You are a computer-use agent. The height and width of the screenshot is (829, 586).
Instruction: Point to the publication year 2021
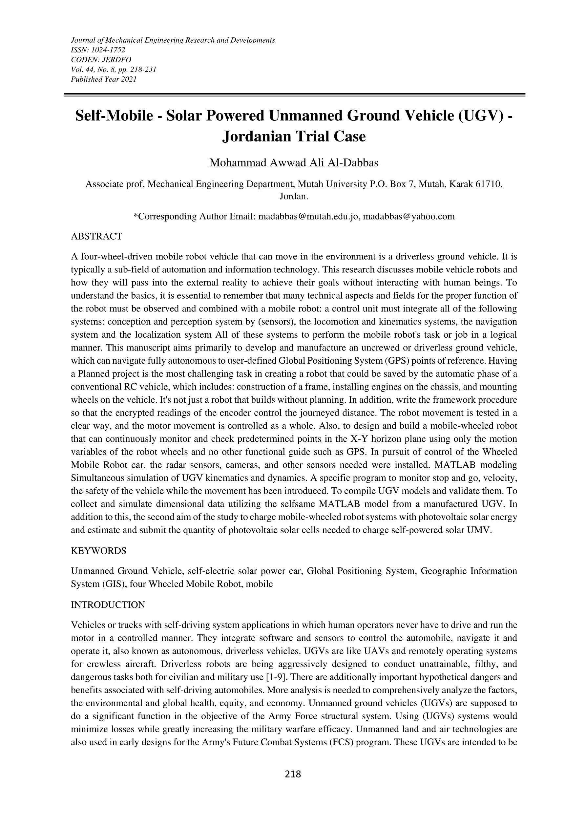[x=129, y=79]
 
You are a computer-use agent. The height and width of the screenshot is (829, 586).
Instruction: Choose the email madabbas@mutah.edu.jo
[x=309, y=216]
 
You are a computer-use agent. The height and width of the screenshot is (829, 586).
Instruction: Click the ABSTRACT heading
[x=96, y=237]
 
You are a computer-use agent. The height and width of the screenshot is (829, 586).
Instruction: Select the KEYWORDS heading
[x=98, y=551]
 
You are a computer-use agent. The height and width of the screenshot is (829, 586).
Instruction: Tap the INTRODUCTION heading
[x=108, y=605]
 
